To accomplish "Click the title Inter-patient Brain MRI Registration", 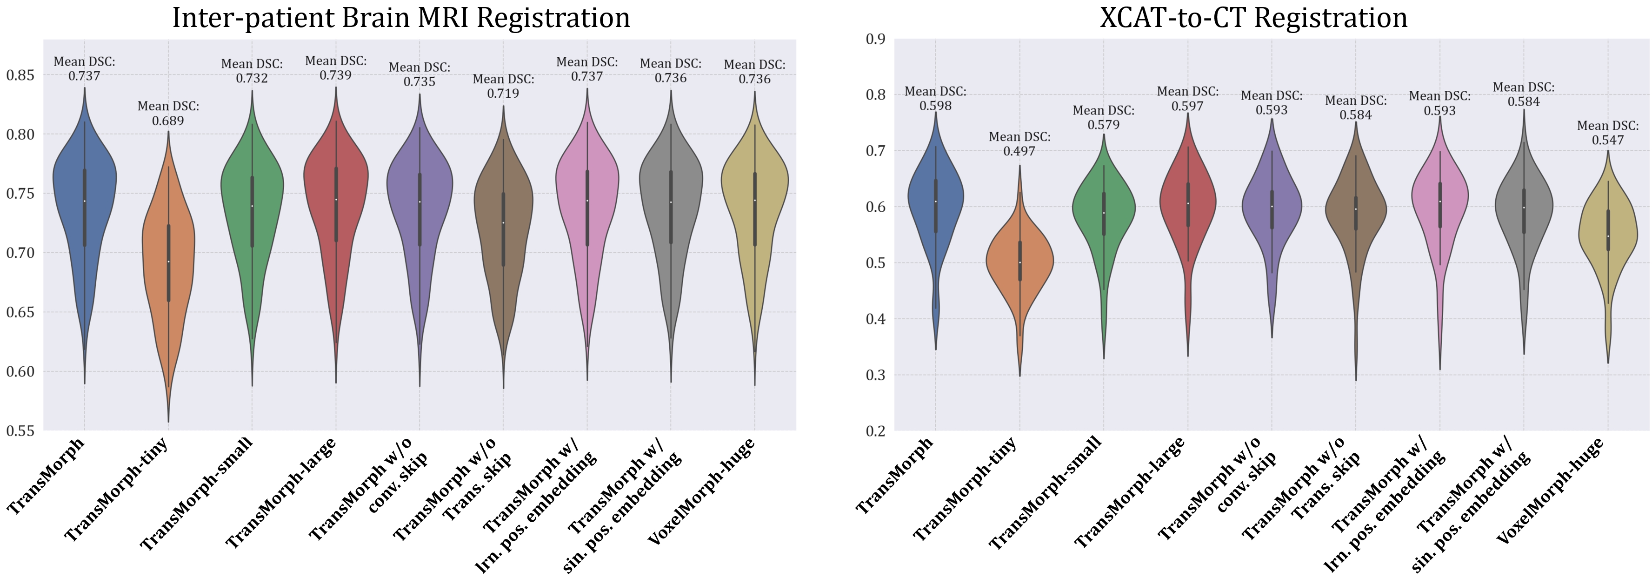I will [401, 17].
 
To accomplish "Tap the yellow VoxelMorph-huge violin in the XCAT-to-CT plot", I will [1608, 237].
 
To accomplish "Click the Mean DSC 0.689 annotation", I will [168, 114].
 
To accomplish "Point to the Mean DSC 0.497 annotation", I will [1019, 144].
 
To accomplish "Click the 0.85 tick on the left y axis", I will [20, 75].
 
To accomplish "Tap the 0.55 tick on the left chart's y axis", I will [20, 431].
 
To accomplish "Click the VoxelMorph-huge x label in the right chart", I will [1550, 491].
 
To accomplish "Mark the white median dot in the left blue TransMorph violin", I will [84, 202].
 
